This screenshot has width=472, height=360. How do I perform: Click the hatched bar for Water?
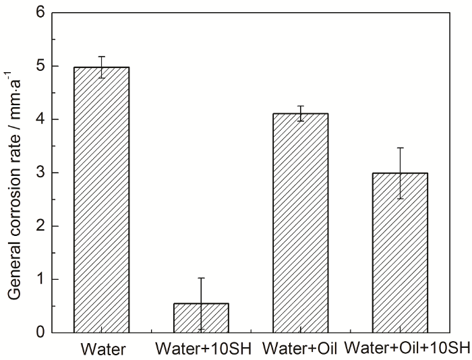101,200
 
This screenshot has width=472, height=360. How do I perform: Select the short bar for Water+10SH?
201,318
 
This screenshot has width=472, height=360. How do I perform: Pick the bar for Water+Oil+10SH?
400,252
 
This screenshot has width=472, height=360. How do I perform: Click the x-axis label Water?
100,349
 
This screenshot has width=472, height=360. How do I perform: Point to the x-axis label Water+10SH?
200,349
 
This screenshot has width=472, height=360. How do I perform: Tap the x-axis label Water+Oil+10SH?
407,349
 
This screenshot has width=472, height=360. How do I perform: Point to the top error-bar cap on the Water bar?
101,57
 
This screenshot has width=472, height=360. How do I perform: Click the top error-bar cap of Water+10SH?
201,278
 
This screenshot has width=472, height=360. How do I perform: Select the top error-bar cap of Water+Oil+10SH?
400,148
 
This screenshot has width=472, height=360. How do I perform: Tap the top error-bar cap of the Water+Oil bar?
300,107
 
